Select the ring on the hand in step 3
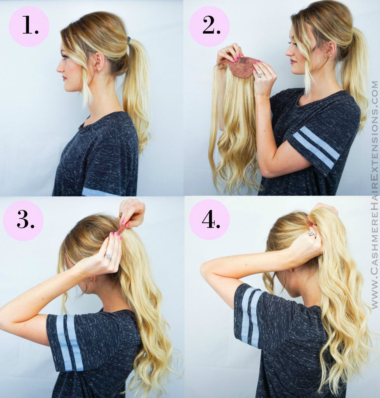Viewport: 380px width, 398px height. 108,256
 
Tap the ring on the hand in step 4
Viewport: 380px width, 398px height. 311,233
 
